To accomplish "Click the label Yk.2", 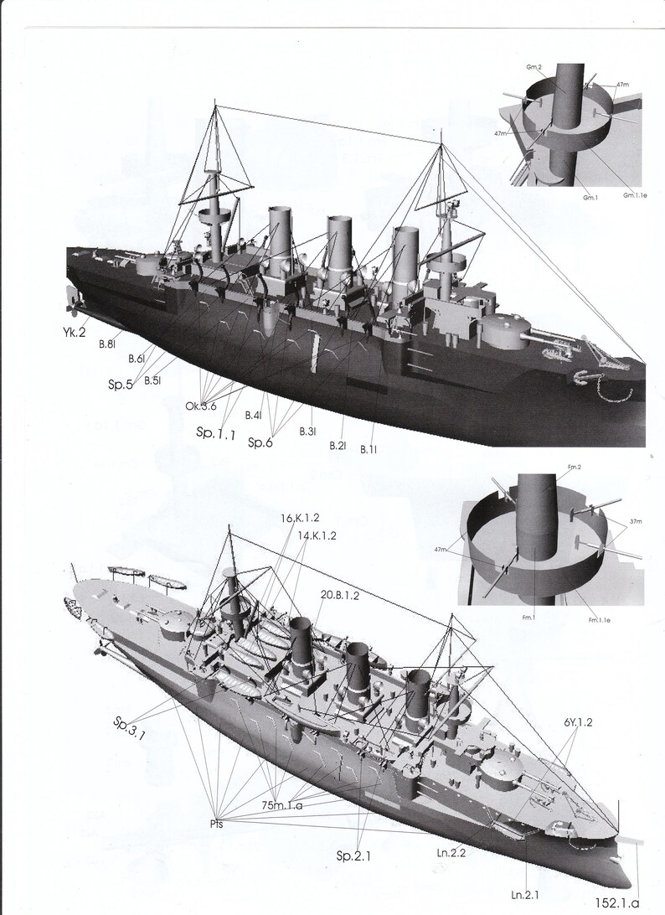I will coord(73,331).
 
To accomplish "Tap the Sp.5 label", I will coord(121,385).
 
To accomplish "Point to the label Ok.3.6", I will coord(201,406).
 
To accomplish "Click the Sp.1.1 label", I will coord(216,432).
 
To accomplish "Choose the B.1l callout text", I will coord(369,450).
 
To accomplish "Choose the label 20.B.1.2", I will coord(340,594).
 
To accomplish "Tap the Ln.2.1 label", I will coord(525,882).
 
